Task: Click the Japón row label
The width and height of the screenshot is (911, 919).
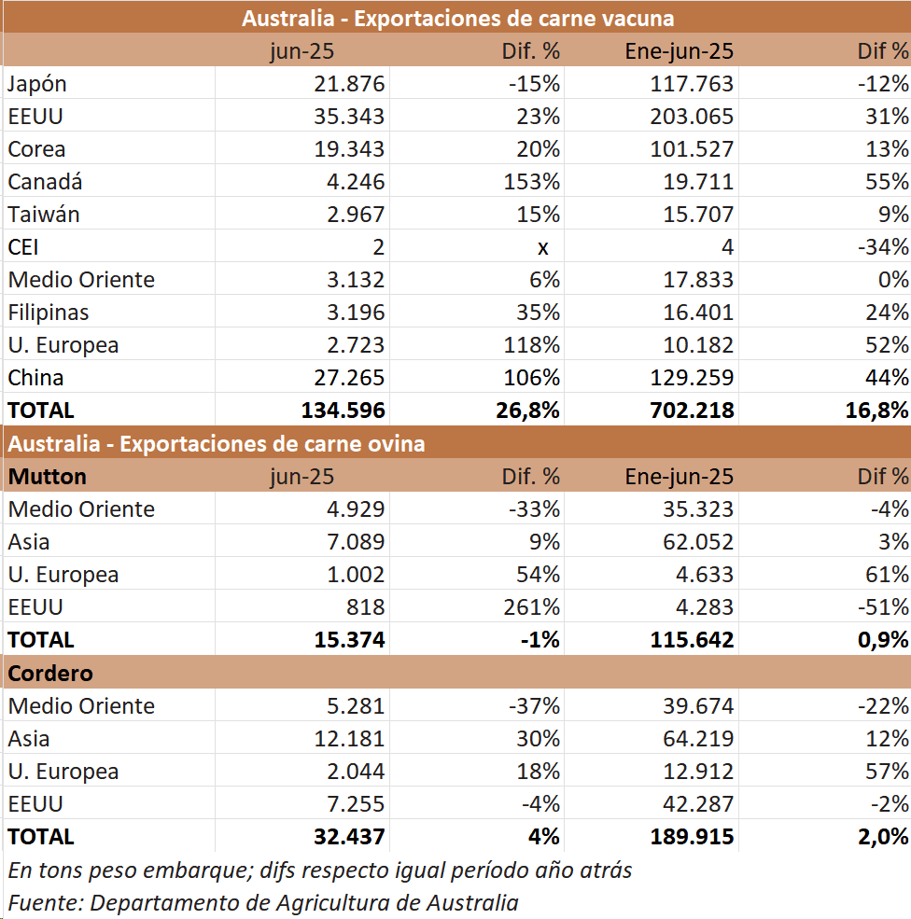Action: [37, 84]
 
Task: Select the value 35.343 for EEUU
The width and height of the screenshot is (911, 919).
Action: [350, 117]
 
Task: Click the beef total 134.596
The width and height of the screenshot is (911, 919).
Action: [343, 411]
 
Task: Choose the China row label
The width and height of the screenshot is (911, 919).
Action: [35, 378]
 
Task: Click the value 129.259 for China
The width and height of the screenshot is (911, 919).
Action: [692, 378]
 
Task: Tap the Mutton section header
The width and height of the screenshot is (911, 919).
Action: [48, 477]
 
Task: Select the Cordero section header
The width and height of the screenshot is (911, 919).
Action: [50, 674]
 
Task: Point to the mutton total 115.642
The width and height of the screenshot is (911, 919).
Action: [692, 640]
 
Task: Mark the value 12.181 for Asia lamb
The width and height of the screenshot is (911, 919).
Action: [350, 739]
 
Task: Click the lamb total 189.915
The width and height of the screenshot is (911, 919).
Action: [692, 837]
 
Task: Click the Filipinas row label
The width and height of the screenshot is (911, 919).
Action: [49, 313]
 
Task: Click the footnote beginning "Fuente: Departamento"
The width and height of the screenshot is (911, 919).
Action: [263, 902]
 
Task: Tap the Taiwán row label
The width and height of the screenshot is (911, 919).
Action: [44, 215]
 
